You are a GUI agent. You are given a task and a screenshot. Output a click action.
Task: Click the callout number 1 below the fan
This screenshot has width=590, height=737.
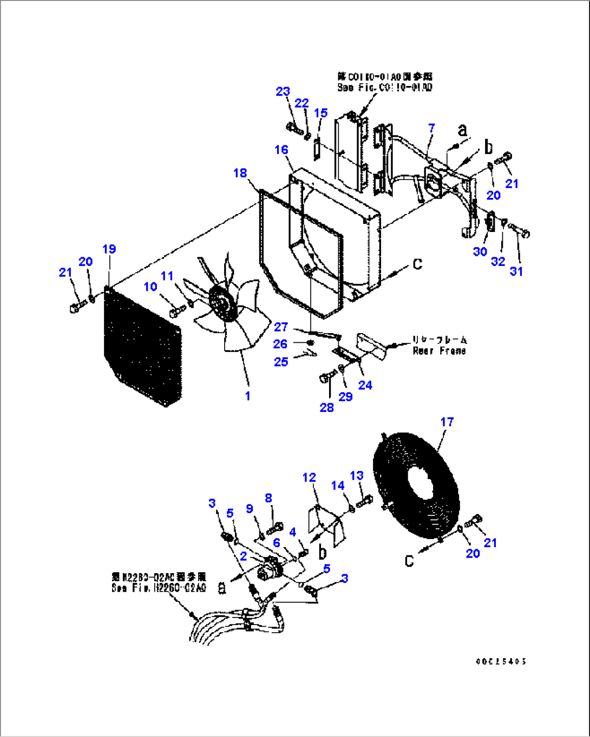point(247,396)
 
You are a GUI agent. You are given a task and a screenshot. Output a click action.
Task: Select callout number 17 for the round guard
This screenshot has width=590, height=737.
point(447,422)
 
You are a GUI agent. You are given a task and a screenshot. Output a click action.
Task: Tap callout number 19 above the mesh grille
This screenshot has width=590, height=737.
point(109,249)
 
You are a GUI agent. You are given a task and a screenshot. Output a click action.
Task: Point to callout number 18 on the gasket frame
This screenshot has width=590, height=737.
point(240,173)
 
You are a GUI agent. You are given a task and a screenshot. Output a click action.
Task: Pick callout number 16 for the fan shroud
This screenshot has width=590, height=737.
point(281,150)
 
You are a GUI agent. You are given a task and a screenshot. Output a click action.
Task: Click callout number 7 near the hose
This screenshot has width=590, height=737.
point(431,128)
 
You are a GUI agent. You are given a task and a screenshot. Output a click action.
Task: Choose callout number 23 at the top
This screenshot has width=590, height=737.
point(283,92)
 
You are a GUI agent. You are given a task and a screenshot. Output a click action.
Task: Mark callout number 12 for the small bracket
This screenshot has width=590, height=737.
point(309,477)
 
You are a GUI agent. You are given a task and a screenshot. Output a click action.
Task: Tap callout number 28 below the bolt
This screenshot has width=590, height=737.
point(327,408)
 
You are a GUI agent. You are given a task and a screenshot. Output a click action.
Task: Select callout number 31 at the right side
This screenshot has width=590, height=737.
point(516,271)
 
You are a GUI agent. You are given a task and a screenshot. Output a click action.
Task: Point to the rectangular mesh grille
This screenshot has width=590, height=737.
point(142,346)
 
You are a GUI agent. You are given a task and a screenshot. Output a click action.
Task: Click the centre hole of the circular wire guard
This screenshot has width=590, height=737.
point(417,480)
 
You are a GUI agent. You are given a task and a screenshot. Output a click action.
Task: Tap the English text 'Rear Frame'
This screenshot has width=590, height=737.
point(439,351)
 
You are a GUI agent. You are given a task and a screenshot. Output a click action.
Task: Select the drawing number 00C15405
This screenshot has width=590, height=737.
point(501,661)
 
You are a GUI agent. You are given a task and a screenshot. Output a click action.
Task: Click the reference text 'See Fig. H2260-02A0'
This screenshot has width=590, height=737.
point(159,588)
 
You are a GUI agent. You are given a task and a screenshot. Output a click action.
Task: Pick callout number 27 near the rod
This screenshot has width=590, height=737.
point(281,327)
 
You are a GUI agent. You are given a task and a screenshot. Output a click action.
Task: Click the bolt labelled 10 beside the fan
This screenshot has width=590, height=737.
point(177,312)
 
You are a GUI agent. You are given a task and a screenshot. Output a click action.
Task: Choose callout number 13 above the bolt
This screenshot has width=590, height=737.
point(357,476)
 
